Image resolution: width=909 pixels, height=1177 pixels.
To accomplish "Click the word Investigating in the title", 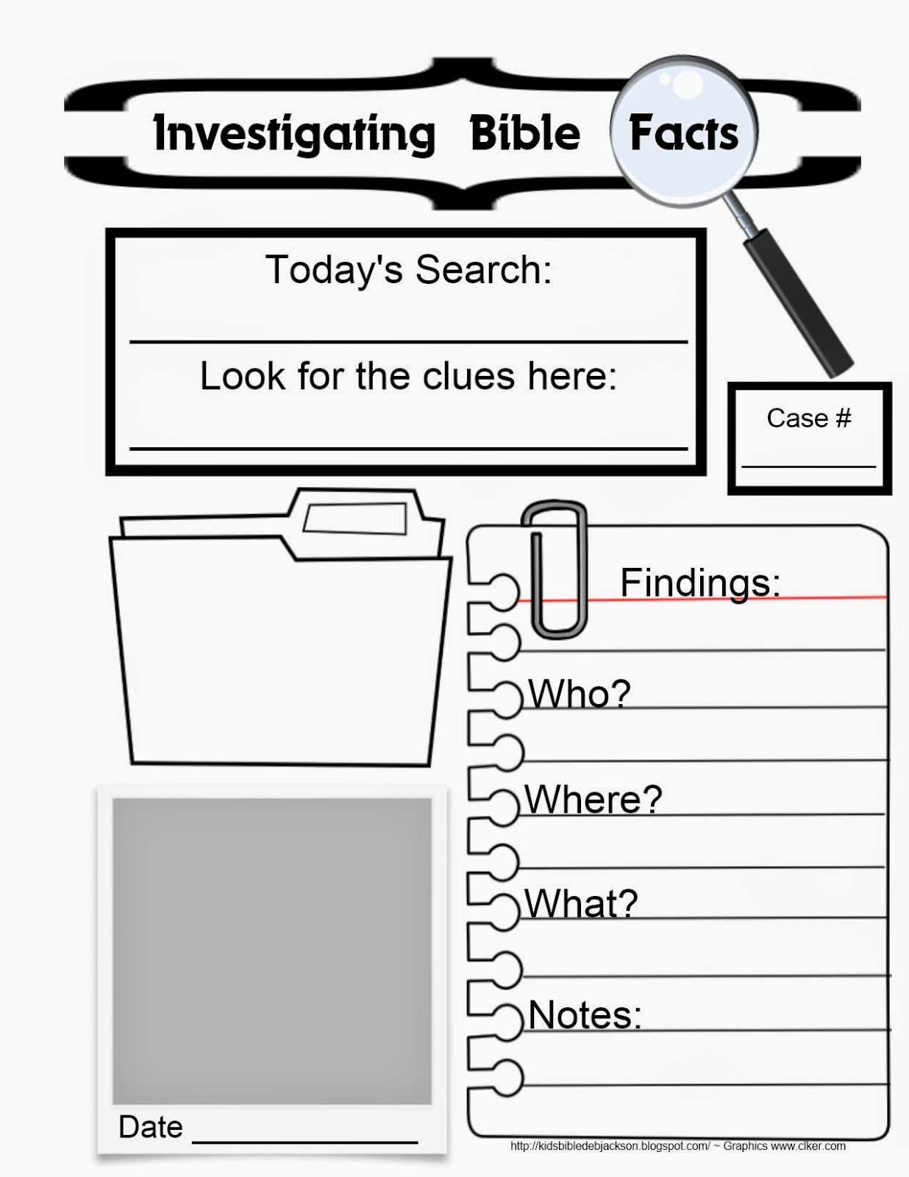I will click(x=294, y=134).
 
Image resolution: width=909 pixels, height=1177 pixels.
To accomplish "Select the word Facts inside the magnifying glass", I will click(x=683, y=133).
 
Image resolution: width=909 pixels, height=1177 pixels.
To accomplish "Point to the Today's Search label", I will click(x=408, y=269).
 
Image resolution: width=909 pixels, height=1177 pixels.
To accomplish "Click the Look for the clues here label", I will click(x=408, y=376).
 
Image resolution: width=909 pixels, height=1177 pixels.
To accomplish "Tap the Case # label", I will click(x=808, y=418).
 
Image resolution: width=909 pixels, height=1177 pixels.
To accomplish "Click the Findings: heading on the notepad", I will click(x=699, y=583).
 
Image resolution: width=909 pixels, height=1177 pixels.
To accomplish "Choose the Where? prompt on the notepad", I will click(x=593, y=799).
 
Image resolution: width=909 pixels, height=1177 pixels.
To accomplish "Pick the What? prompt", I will click(x=580, y=903).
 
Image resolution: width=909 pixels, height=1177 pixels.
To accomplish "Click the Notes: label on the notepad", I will click(x=585, y=1014).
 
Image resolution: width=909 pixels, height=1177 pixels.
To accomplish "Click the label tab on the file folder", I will click(x=355, y=519).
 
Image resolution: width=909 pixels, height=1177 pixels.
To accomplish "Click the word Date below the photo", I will click(x=151, y=1126).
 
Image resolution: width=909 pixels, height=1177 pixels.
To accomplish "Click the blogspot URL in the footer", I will click(x=610, y=1145).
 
